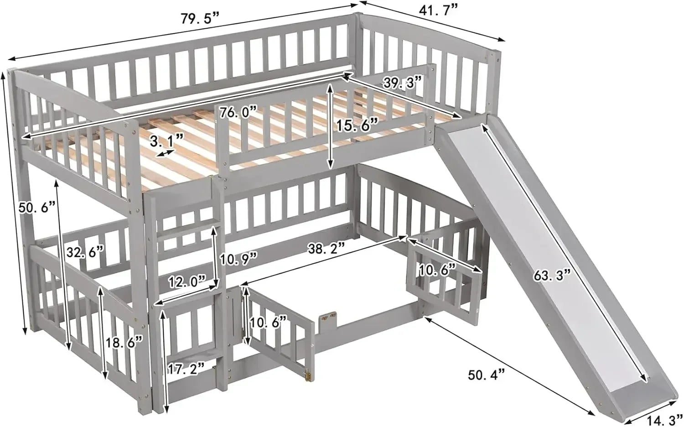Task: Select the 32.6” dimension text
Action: (x=84, y=251)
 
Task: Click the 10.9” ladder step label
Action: (x=238, y=260)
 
